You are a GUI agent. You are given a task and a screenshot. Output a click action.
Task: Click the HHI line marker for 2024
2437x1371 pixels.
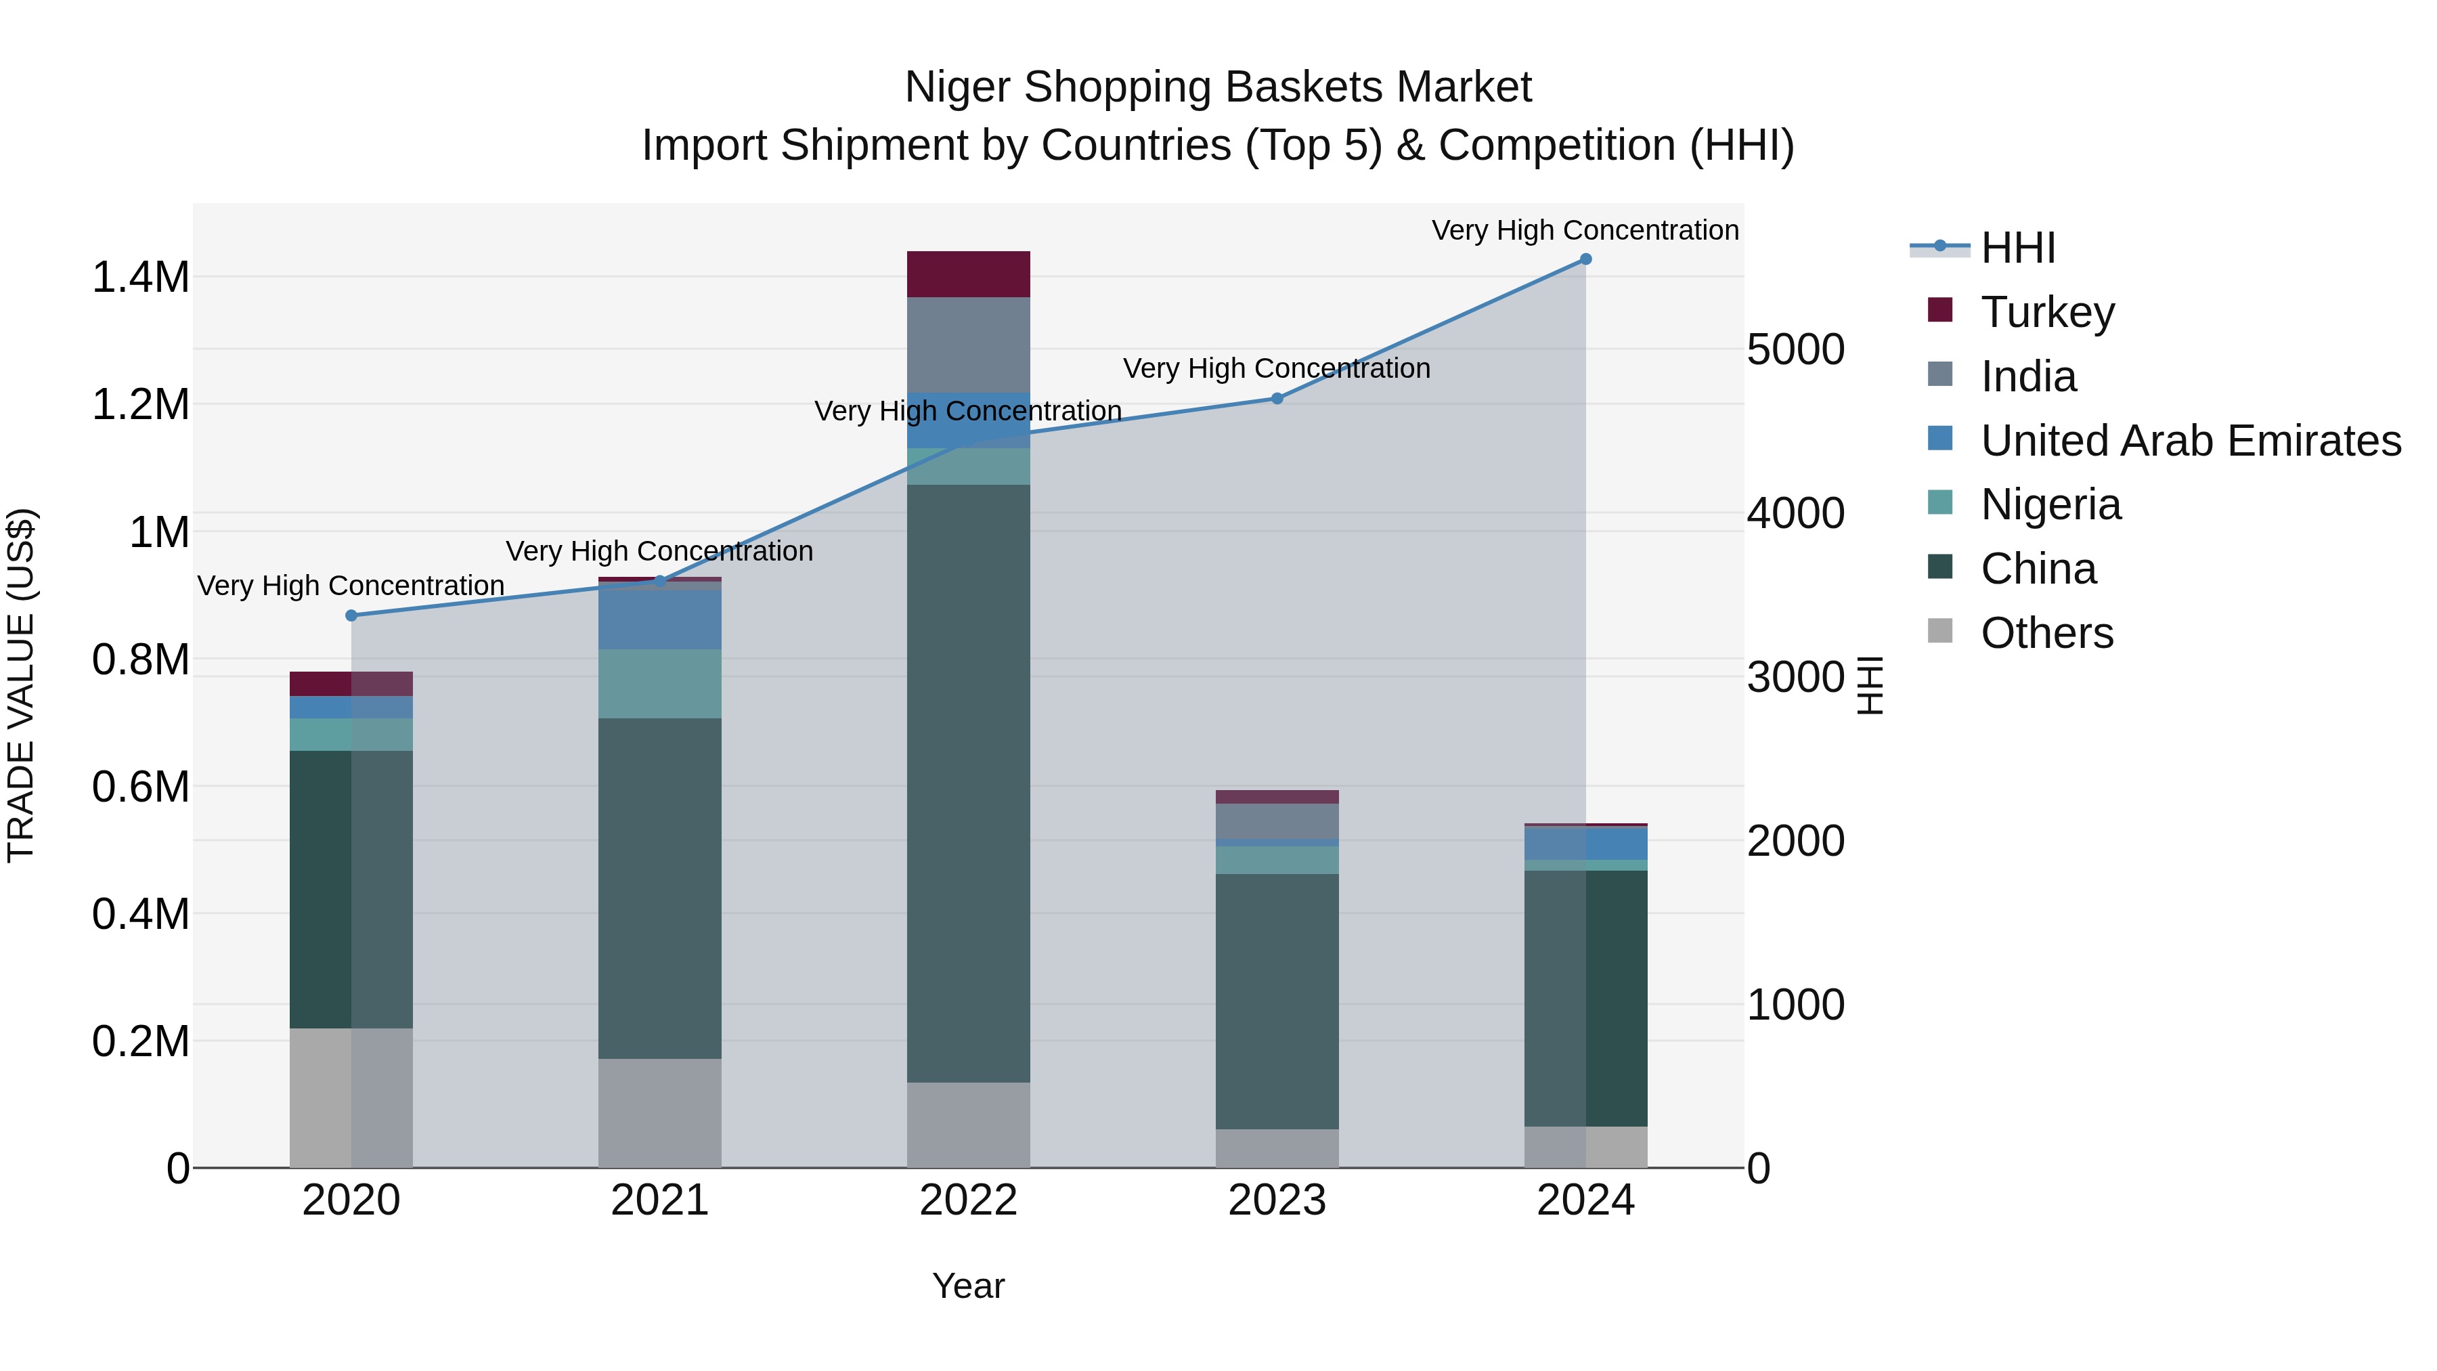coord(1585,259)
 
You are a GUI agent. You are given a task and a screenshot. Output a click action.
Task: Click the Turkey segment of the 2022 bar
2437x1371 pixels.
coord(968,274)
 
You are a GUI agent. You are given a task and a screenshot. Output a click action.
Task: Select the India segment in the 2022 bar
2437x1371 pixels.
coord(968,345)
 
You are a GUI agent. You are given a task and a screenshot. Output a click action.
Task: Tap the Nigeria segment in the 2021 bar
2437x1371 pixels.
coord(659,683)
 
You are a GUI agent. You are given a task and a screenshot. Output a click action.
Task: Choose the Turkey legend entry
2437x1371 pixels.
coord(2047,312)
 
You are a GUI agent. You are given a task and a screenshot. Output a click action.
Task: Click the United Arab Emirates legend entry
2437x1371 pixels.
coord(2190,441)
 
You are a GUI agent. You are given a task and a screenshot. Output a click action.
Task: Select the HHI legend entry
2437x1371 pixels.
coord(2018,248)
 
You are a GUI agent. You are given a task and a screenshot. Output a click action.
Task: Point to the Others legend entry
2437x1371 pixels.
coord(2046,633)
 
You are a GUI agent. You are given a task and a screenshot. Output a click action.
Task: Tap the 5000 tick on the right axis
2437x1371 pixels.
coord(1795,349)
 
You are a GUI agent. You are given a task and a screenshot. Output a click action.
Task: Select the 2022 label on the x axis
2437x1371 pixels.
coord(968,1200)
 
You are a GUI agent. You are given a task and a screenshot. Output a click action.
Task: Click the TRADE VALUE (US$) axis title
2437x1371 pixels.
coord(22,685)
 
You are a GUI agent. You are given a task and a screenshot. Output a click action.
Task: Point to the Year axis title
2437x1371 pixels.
coord(968,1286)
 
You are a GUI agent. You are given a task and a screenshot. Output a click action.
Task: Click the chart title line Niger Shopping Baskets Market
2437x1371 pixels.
coord(1218,87)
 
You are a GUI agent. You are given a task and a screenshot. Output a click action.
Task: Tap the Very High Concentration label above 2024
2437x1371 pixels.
coord(1585,230)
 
